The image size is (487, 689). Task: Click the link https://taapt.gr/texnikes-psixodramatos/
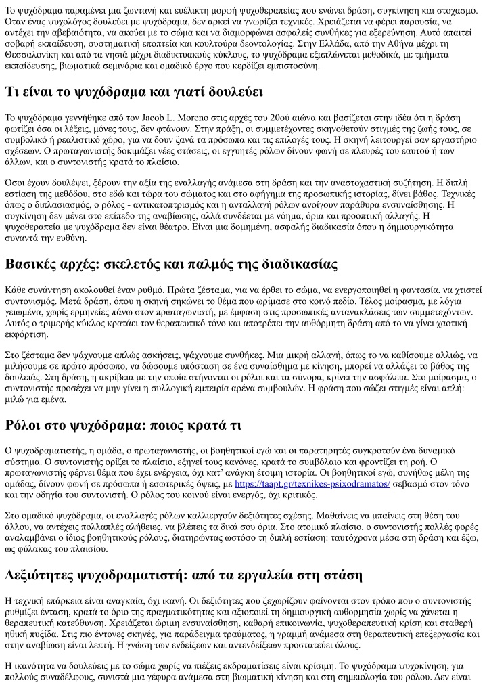pyautogui.click(x=312, y=484)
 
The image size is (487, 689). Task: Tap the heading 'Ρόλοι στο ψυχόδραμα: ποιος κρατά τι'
pyautogui.click(x=123, y=425)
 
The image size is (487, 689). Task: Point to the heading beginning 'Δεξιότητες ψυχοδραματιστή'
pyautogui.click(x=184, y=576)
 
